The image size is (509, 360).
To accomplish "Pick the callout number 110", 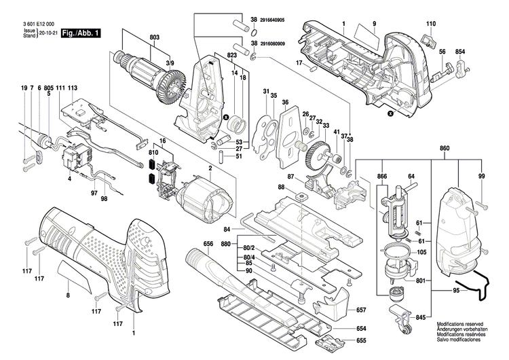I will click(429, 24).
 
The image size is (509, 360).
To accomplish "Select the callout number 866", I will click(383, 176).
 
